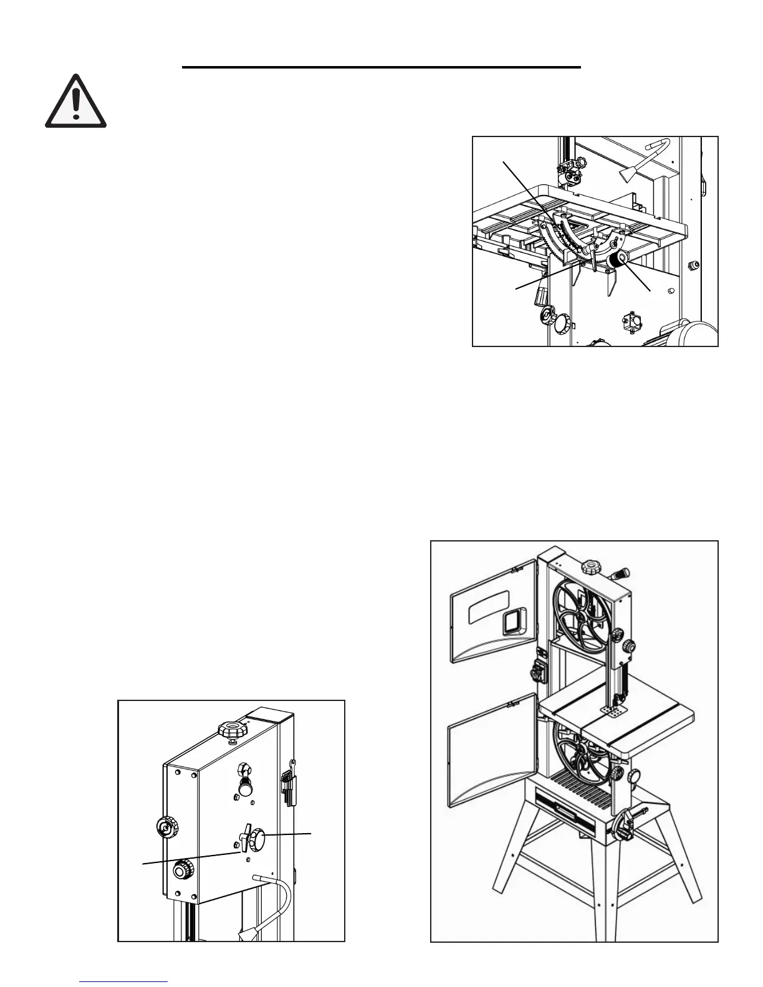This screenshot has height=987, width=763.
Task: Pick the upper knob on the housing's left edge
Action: pyautogui.click(x=165, y=828)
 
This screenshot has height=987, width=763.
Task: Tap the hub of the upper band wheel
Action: pyautogui.click(x=580, y=616)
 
